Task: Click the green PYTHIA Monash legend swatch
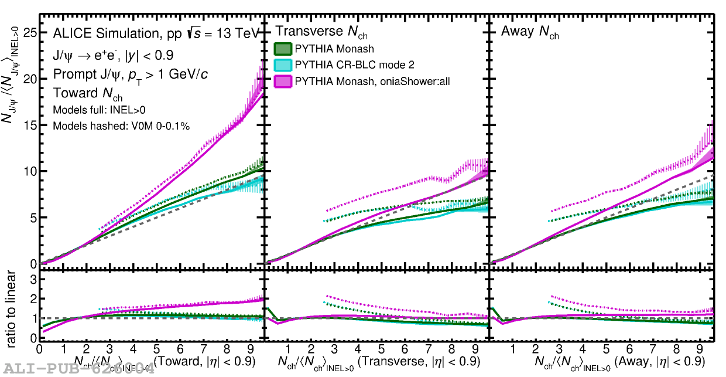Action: pyautogui.click(x=283, y=49)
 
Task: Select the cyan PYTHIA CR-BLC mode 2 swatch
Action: pyautogui.click(x=283, y=64)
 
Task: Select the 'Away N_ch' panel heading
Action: pyautogui.click(x=529, y=32)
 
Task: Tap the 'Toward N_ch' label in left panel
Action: pyautogui.click(x=88, y=93)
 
